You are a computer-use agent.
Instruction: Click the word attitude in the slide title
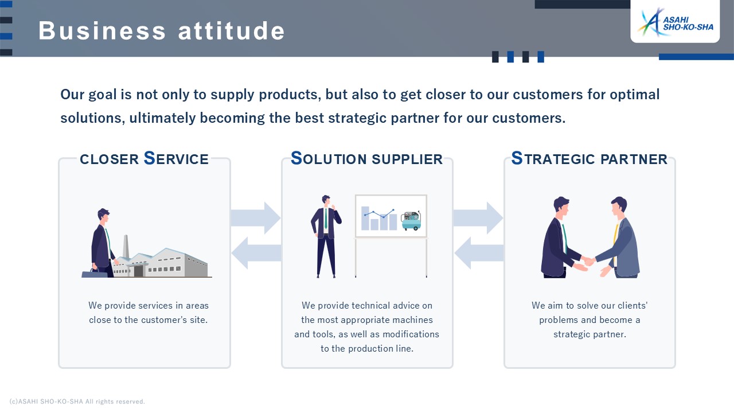(231, 31)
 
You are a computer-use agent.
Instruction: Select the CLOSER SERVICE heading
(144, 159)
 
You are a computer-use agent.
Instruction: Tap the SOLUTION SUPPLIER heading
(366, 159)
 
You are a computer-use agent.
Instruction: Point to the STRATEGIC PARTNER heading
(589, 159)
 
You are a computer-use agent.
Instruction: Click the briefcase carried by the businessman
(95, 273)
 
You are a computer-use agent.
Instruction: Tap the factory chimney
(126, 247)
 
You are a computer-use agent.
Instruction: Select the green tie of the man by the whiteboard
(326, 219)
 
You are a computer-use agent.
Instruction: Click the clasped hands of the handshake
(589, 261)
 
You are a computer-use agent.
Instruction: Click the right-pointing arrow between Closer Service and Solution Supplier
(256, 217)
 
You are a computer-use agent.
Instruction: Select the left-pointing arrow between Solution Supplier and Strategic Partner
(479, 253)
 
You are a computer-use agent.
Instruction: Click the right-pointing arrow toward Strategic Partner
(478, 217)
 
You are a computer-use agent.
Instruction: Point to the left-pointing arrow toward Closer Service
(256, 253)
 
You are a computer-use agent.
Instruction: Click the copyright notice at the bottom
(77, 402)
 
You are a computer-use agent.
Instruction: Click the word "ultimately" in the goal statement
(162, 118)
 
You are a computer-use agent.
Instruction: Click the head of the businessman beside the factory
(104, 215)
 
